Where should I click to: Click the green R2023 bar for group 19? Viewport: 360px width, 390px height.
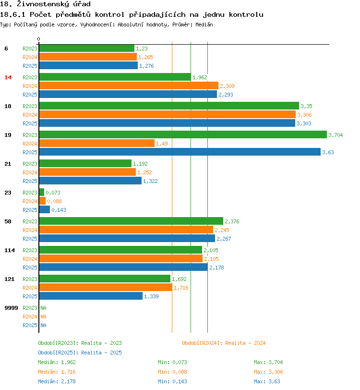click(182, 135)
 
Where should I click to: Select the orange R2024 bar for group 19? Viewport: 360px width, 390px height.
click(96, 144)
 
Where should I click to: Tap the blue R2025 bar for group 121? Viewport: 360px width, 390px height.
click(91, 296)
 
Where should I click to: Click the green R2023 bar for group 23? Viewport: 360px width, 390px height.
click(41, 193)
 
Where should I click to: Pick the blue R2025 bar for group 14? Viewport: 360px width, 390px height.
click(128, 95)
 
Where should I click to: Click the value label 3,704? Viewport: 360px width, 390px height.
click(336, 135)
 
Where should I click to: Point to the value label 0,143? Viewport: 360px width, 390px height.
click(59, 210)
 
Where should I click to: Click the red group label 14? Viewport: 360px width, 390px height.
click(8, 77)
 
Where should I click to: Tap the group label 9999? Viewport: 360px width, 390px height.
click(11, 308)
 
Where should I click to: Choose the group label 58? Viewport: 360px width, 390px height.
click(8, 221)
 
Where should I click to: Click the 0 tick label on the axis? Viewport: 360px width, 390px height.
click(39, 39)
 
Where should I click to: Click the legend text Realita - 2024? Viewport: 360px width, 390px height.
click(245, 343)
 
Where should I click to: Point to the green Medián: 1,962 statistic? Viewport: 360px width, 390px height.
click(57, 362)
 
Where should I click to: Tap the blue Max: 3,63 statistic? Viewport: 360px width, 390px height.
click(267, 381)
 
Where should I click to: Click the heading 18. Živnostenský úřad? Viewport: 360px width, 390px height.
click(45, 4)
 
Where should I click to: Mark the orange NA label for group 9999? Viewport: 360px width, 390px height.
click(43, 317)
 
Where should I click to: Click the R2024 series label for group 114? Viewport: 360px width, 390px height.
click(30, 259)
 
